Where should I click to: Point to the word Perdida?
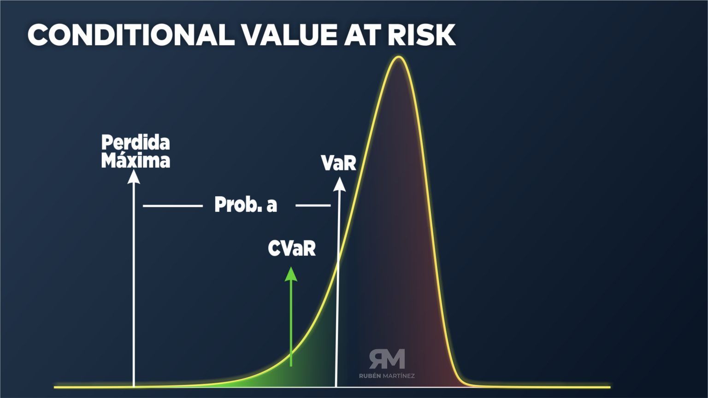tap(136, 142)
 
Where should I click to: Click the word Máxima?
tap(136, 161)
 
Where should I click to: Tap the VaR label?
tap(339, 163)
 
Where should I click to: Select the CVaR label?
tap(292, 249)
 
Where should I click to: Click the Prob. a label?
tap(246, 205)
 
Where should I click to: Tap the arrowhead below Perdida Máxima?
tap(134, 176)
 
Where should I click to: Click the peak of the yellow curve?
tap(398, 58)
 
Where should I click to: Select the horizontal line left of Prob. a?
tap(173, 205)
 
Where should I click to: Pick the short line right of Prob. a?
tap(313, 205)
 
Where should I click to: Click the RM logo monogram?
tap(387, 359)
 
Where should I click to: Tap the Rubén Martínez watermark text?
tap(387, 376)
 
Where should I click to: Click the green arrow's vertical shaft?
tap(291, 322)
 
